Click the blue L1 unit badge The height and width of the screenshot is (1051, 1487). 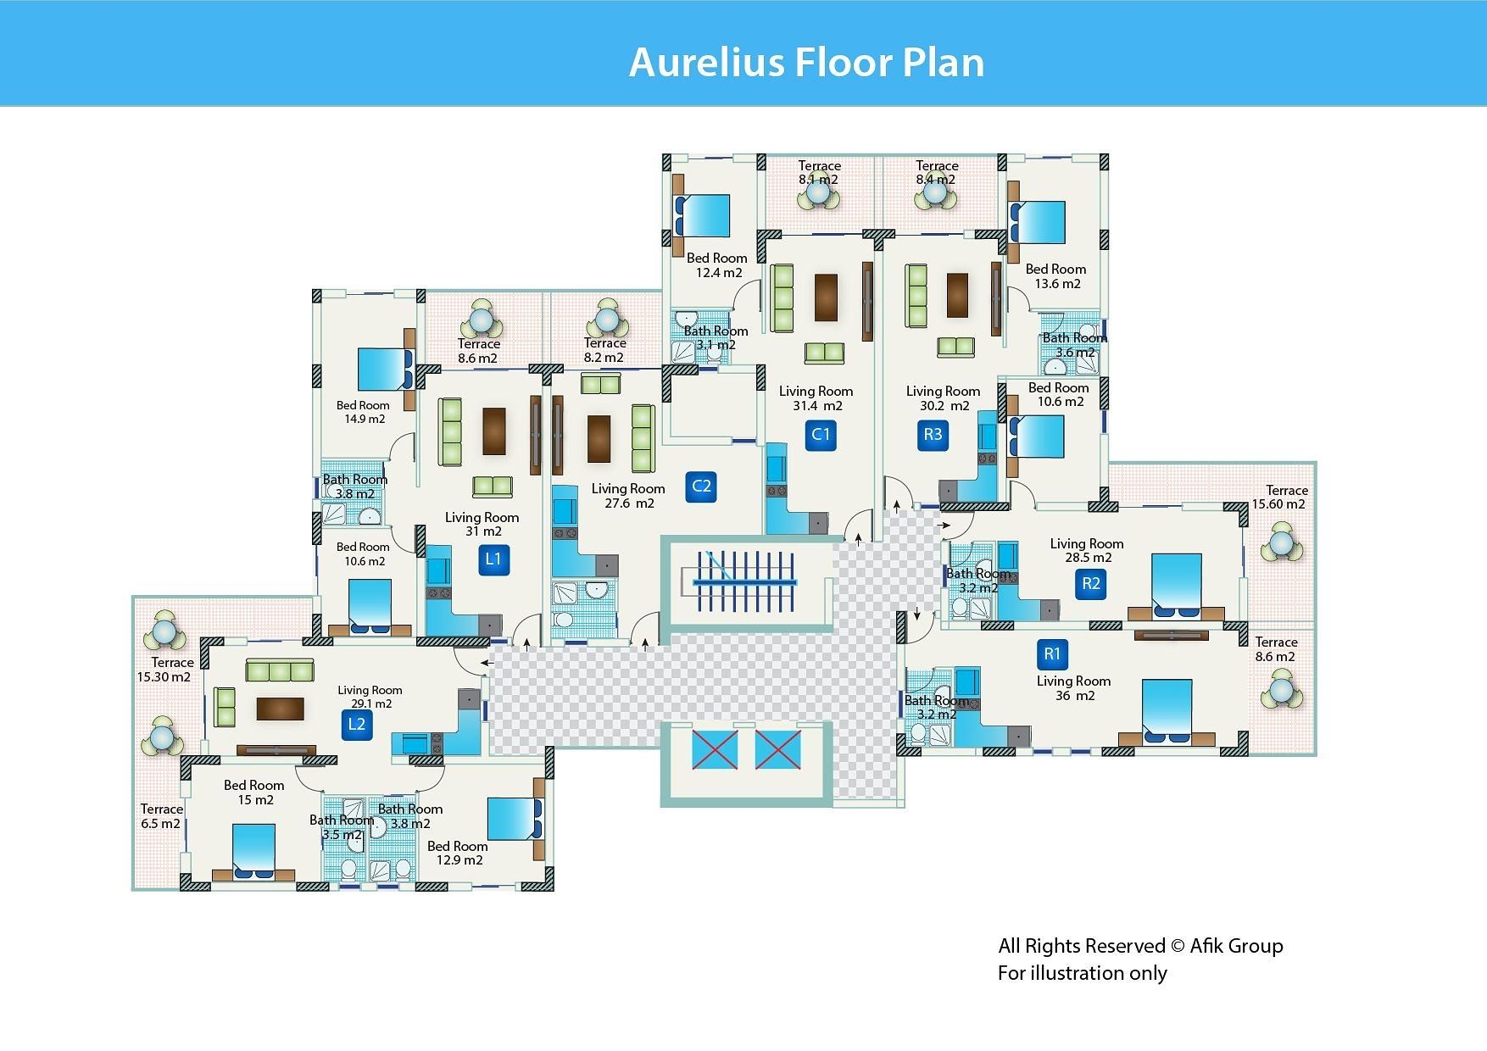point(493,559)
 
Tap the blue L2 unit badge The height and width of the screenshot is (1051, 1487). point(357,724)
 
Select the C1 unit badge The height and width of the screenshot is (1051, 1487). point(821,435)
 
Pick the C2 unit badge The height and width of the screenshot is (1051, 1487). point(701,487)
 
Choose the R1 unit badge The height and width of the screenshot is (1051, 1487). point(1052,653)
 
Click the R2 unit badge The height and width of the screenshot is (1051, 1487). point(1090,583)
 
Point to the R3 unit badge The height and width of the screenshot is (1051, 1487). point(933,435)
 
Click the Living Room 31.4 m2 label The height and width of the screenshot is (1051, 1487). point(816,398)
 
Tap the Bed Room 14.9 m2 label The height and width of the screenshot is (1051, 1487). point(363,412)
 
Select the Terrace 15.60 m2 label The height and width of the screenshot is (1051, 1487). point(1279,497)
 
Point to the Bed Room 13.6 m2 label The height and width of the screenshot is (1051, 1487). point(1055,276)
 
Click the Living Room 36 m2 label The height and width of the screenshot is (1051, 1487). point(1073,688)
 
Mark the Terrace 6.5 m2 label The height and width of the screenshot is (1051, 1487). point(161,816)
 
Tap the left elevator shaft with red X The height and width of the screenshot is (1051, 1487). point(715,750)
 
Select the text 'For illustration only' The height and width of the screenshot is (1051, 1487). point(1082,973)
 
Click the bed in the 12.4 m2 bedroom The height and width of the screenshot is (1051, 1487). point(703,215)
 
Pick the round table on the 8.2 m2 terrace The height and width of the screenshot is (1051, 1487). point(606,320)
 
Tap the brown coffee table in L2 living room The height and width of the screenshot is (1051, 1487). point(280,709)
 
